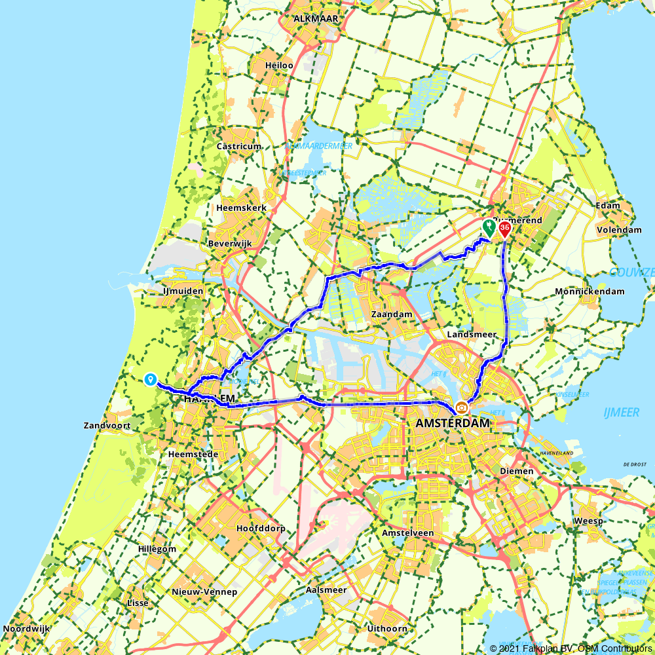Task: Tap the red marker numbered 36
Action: click(x=505, y=229)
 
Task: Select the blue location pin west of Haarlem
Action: click(x=150, y=379)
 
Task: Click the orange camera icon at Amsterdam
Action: click(x=462, y=407)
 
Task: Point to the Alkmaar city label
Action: click(x=316, y=19)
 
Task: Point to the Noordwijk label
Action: click(x=27, y=629)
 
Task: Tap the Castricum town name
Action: click(x=239, y=147)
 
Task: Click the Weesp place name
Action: click(x=583, y=520)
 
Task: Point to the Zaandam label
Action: click(x=392, y=314)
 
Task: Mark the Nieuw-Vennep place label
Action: click(x=204, y=592)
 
